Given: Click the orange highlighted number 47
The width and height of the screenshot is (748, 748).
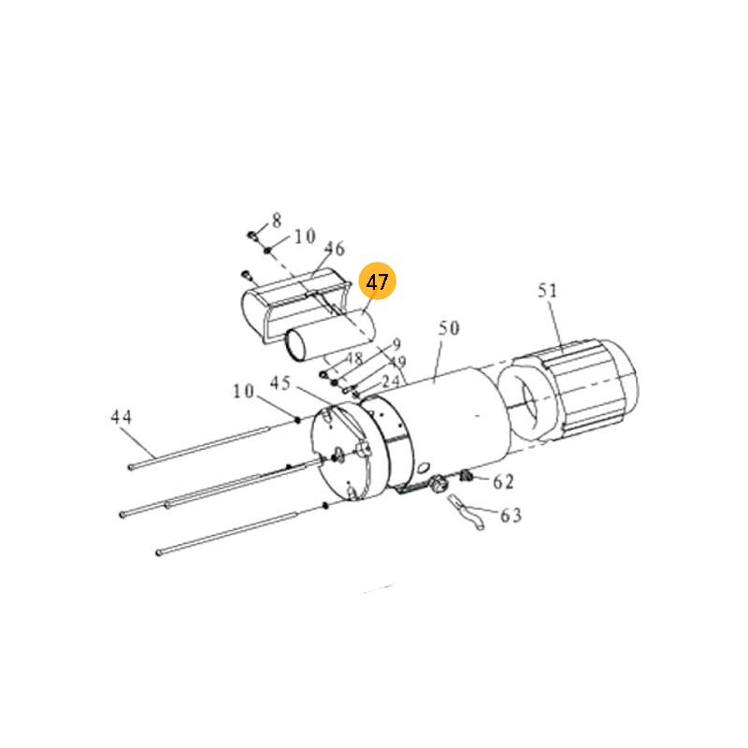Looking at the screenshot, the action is tap(378, 281).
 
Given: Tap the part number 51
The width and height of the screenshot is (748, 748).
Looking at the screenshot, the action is tap(547, 290).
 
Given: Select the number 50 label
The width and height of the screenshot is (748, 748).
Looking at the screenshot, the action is tap(449, 328).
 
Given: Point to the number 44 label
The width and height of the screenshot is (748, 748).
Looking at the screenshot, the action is tap(122, 416).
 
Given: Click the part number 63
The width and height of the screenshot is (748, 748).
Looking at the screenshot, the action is tap(511, 515).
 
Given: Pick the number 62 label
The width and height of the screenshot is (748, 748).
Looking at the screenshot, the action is tap(503, 482).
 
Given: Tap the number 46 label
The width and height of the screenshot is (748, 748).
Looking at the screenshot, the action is tap(334, 248).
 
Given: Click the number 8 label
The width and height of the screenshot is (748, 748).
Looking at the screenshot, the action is tap(277, 221).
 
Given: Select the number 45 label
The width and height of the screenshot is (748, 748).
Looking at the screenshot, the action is tap(280, 382).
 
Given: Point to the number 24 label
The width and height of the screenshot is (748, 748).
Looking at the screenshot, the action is tap(391, 381).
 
